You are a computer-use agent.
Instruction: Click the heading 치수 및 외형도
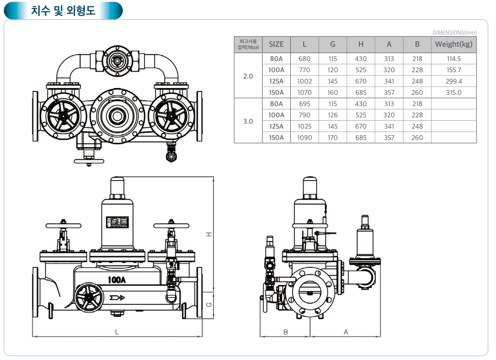click(63, 10)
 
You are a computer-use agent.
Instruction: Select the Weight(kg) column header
click(453, 44)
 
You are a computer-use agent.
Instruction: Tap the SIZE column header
click(276, 44)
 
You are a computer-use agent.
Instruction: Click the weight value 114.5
click(454, 59)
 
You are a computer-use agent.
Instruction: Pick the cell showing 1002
click(305, 81)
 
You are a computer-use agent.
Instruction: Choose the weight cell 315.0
click(454, 92)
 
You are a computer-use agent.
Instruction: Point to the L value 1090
click(305, 138)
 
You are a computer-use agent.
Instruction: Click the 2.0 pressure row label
click(248, 76)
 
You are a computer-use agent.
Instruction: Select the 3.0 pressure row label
click(248, 121)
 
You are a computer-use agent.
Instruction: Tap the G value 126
click(333, 115)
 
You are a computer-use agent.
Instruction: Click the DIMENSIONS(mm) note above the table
click(454, 32)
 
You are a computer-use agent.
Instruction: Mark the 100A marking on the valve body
click(117, 280)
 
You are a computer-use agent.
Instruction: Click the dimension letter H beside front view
click(210, 234)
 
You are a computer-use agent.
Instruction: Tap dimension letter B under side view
click(286, 331)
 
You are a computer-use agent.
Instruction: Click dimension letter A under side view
click(346, 331)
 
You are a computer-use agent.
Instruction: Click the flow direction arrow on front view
click(117, 298)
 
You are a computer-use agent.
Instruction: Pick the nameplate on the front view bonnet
click(117, 222)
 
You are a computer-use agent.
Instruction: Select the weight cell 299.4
click(454, 81)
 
